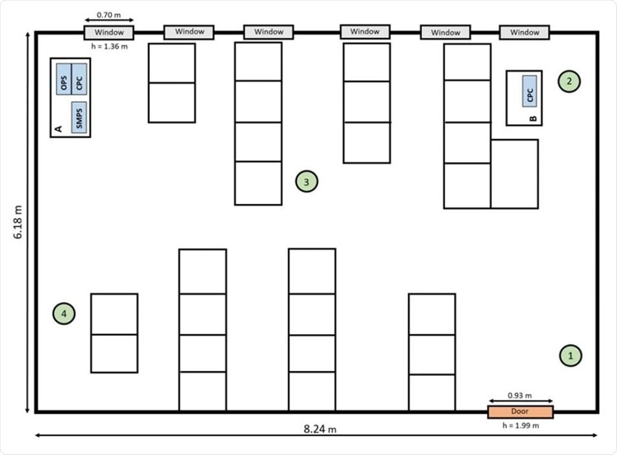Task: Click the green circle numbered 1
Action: click(x=570, y=355)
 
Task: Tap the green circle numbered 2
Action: click(x=569, y=81)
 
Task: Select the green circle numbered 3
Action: click(x=307, y=182)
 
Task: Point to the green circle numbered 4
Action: click(x=63, y=313)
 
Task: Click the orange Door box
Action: click(x=520, y=411)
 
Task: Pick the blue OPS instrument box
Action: click(x=63, y=79)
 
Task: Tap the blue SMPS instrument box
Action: click(x=79, y=118)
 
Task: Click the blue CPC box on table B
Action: click(x=530, y=91)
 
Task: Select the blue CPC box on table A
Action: click(x=79, y=79)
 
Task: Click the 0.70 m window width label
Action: click(x=109, y=15)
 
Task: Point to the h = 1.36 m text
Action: click(x=109, y=46)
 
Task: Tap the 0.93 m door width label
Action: click(x=519, y=395)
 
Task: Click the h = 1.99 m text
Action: click(x=521, y=425)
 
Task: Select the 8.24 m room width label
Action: click(x=320, y=429)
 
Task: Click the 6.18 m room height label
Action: click(x=18, y=222)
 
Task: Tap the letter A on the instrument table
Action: click(x=58, y=128)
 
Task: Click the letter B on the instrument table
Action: click(x=533, y=118)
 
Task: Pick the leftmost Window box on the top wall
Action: click(x=109, y=33)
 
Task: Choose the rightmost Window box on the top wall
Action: click(x=525, y=32)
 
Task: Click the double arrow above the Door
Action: click(x=520, y=401)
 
